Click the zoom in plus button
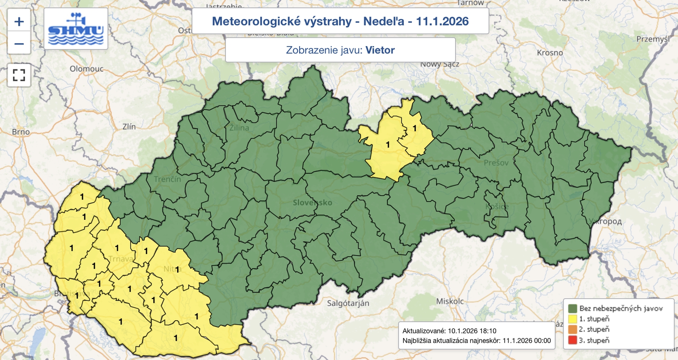click(19, 22)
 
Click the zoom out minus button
click(19, 44)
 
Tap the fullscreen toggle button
click(19, 75)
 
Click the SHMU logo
click(76, 29)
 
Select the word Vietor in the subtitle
click(380, 50)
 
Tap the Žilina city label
click(239, 127)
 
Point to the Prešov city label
click(496, 163)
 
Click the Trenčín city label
click(167, 179)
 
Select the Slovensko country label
click(312, 202)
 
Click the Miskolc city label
click(450, 301)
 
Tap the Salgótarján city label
click(348, 303)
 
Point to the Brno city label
click(21, 132)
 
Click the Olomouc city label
click(86, 69)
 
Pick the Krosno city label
click(550, 53)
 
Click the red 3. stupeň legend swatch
click(572, 340)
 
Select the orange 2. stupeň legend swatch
click(572, 330)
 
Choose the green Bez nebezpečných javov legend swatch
click(572, 308)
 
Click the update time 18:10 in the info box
click(488, 331)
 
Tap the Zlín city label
click(129, 127)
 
